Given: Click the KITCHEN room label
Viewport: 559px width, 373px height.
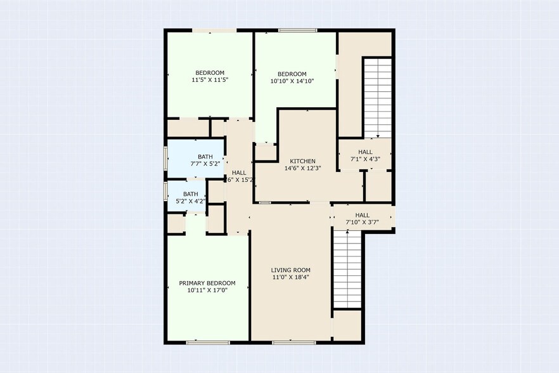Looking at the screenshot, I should click(302, 161).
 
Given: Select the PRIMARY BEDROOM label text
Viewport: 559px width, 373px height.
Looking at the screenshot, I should click(207, 283).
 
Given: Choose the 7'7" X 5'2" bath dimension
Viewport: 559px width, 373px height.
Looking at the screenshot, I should click(205, 164).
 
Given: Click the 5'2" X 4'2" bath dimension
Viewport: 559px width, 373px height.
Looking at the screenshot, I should click(191, 202).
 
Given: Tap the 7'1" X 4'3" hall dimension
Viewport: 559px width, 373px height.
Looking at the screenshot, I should click(365, 159).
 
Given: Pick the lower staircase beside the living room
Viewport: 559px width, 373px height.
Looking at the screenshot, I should click(347, 269).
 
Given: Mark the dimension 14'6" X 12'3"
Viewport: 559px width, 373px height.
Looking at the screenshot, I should click(302, 168).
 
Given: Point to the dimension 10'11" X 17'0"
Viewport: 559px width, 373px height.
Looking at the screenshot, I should click(207, 290).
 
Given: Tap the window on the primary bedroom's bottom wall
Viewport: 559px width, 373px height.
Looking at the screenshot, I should click(207, 343).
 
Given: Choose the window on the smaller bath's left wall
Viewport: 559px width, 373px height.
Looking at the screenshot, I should click(165, 190).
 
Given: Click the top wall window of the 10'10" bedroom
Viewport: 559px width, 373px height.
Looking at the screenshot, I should click(298, 30).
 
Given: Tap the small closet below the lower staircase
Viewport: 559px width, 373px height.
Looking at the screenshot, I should click(347, 325).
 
